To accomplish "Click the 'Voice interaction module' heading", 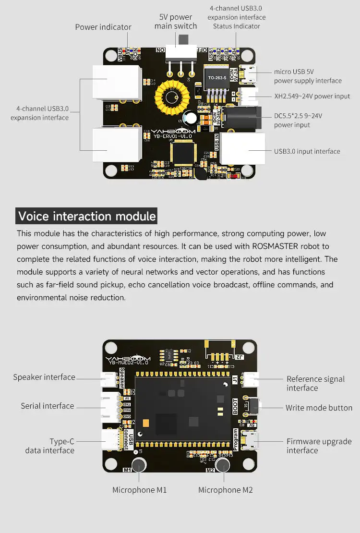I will click(x=87, y=216).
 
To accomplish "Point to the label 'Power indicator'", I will click(x=103, y=27).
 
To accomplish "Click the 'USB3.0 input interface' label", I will click(x=307, y=151).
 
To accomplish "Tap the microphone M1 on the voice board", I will click(x=139, y=465).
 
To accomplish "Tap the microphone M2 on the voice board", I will click(x=222, y=465).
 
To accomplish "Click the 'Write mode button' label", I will click(x=319, y=408).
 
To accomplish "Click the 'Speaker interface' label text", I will click(x=44, y=377).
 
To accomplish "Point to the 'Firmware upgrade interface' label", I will click(x=319, y=446).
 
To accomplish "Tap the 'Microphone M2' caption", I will click(x=225, y=490).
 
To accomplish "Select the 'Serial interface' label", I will click(x=48, y=406).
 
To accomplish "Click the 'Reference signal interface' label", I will click(x=315, y=383).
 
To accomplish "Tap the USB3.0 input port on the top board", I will click(x=243, y=148).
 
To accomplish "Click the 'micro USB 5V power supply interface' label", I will click(x=308, y=76).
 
